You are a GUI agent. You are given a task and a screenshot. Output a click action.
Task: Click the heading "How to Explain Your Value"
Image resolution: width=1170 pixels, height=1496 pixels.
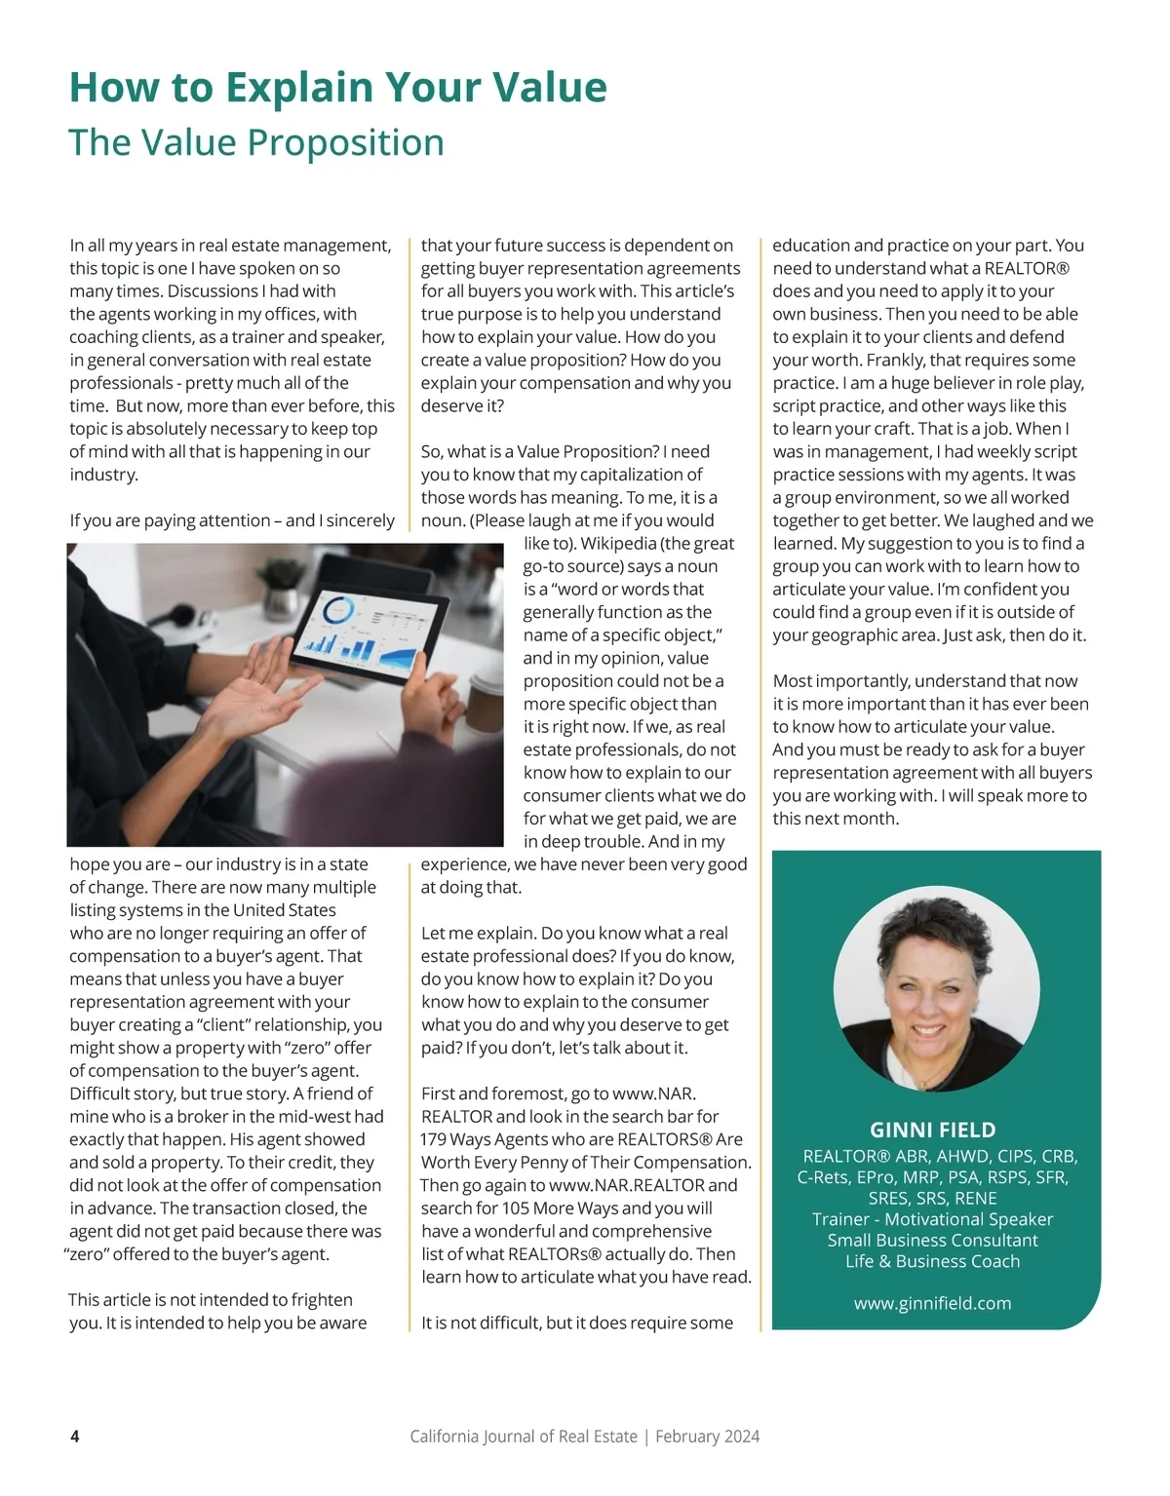point(337,87)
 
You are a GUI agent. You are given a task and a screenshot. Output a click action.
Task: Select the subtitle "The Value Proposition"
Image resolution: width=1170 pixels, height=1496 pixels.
point(256,142)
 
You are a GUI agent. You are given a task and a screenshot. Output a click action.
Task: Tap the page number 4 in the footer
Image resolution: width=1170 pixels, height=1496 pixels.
point(75,1436)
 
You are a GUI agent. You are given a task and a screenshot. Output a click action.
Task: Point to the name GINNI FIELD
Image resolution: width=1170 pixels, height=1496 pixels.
point(932,1130)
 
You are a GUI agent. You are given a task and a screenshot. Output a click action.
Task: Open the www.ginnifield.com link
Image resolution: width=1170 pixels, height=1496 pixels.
point(932,1303)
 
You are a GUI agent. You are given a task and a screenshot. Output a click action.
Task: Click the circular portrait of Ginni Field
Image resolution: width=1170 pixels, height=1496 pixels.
point(936,988)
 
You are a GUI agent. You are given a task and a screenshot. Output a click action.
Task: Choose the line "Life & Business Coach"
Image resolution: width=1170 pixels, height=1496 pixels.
point(932,1261)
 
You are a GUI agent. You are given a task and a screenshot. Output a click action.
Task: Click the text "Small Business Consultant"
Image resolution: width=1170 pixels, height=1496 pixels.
point(932,1240)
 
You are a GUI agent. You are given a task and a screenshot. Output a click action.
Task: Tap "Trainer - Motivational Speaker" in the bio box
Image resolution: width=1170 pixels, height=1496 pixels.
point(932,1219)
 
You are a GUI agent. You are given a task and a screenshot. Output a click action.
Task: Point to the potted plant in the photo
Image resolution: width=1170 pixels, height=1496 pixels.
point(283,585)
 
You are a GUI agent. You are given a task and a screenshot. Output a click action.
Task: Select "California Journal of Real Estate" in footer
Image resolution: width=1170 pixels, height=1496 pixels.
point(524,1436)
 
